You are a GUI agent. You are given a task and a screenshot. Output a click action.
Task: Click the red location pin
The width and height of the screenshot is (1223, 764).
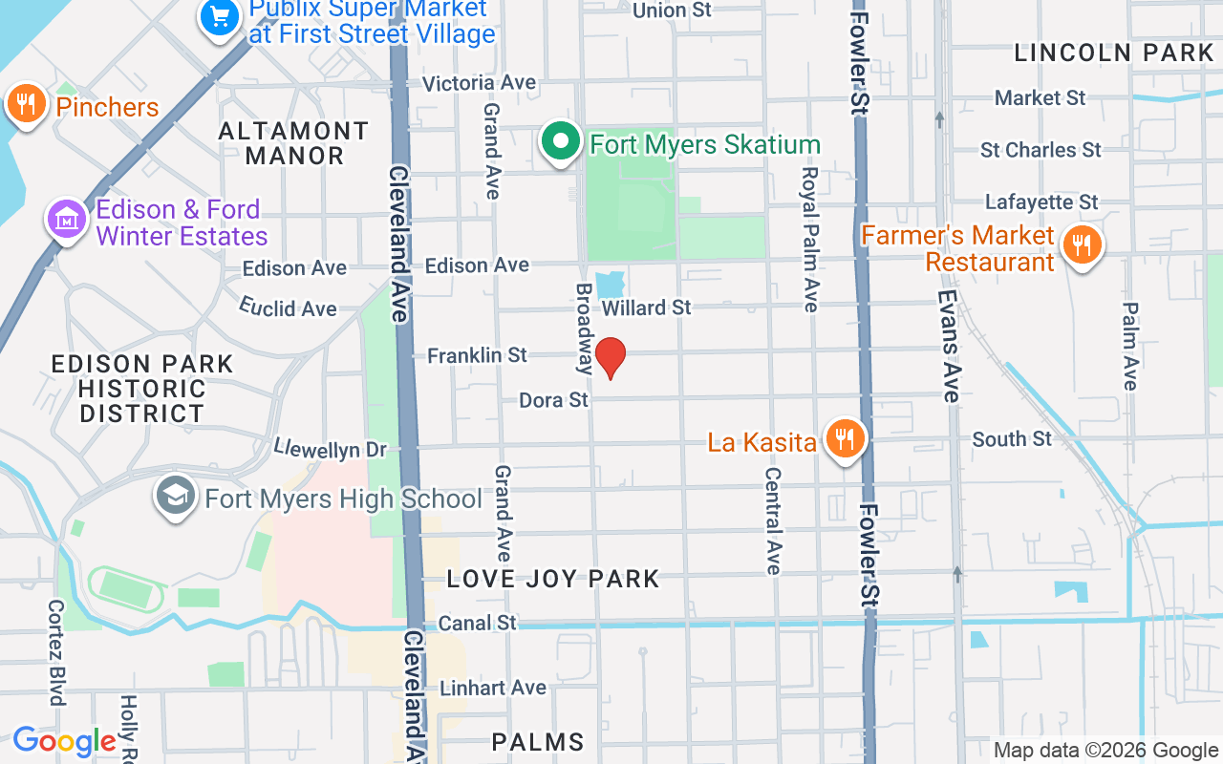(610, 358)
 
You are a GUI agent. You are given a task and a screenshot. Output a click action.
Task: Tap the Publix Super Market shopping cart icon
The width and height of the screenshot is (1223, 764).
(220, 17)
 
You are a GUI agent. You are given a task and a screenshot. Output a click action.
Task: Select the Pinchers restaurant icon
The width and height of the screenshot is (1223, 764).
(27, 104)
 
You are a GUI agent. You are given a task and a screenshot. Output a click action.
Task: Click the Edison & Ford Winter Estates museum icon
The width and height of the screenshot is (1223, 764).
(67, 220)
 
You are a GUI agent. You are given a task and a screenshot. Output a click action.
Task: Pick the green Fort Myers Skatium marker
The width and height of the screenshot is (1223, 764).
(561, 142)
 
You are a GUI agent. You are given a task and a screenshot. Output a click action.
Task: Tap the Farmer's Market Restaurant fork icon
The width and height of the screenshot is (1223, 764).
(1081, 244)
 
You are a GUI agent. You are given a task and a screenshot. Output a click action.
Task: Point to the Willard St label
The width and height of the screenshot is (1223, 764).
(647, 308)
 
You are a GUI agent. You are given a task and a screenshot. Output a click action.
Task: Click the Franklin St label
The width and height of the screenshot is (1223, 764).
(477, 355)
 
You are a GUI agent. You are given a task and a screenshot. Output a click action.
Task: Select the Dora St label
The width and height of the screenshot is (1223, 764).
(553, 400)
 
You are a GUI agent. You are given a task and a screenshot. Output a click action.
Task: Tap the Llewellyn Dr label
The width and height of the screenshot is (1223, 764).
(330, 448)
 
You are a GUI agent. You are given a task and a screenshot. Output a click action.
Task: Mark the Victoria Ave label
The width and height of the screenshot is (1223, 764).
(479, 83)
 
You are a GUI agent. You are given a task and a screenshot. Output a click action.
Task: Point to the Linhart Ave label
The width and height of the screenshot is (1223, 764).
(493, 688)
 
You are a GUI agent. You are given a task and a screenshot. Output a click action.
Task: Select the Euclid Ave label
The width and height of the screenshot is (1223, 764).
(288, 308)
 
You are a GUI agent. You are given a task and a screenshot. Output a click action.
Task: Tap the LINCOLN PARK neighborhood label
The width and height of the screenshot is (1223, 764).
(1113, 53)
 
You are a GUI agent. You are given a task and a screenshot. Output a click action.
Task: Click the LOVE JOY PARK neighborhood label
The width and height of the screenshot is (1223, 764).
(553, 579)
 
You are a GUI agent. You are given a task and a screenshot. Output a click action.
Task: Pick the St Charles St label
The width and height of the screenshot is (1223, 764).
(1041, 150)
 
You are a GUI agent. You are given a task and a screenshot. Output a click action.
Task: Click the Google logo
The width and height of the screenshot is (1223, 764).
(64, 741)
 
